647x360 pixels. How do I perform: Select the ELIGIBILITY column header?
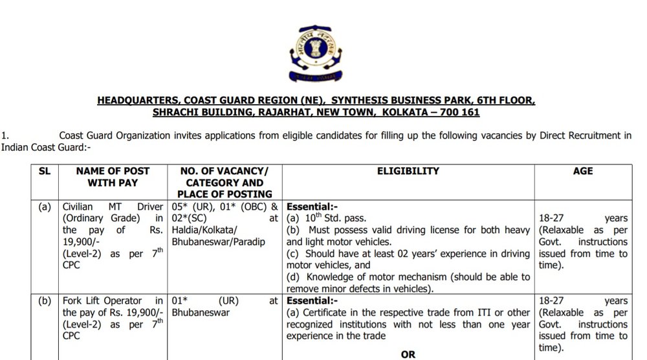pyautogui.click(x=408, y=172)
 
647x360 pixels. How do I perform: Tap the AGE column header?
pyautogui.click(x=583, y=172)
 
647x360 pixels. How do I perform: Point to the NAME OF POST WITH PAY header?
pyautogui.click(x=113, y=177)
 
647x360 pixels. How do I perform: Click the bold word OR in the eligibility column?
pyautogui.click(x=408, y=355)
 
